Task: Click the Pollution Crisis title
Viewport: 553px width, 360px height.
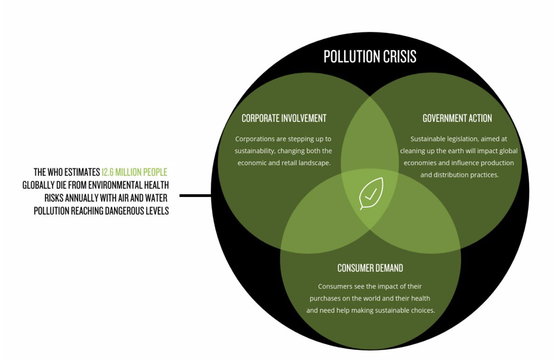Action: point(370,57)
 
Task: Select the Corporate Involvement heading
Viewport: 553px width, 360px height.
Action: point(284,118)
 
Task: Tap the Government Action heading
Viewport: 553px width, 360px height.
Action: point(457,118)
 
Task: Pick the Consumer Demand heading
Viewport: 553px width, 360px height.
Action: point(370,268)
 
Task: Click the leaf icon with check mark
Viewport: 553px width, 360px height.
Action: point(371,193)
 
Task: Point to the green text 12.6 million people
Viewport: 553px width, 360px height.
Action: point(134,172)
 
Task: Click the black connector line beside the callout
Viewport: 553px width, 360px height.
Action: point(195,196)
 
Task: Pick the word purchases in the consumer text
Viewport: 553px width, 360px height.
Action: point(325,299)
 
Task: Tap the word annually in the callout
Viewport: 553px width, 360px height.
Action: point(81,198)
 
